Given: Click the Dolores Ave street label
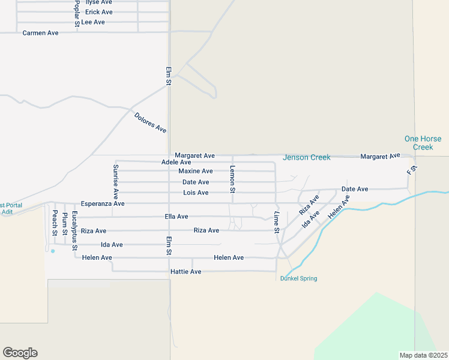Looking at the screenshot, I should [150, 122].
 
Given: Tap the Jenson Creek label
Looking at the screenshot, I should [307, 158].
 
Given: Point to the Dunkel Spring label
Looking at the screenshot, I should [298, 278].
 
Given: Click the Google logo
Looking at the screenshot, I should [20, 353].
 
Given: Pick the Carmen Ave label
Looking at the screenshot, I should [40, 33].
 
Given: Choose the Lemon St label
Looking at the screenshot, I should [232, 179].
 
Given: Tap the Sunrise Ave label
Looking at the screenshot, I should [116, 181].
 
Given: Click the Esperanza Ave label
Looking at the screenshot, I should [103, 203].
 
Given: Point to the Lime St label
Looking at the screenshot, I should [277, 223].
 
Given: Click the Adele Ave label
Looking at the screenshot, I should [176, 163].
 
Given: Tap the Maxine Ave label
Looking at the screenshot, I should [196, 171].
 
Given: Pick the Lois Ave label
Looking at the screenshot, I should [196, 193].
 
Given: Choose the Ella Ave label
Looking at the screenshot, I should [176, 217].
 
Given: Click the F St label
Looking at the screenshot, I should [411, 170].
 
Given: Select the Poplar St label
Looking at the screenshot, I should [77, 13].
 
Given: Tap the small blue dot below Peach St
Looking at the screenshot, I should [53, 251].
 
